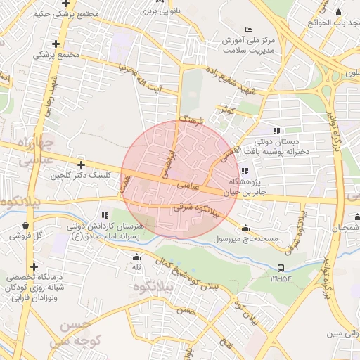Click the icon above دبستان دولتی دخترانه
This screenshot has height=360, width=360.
276,131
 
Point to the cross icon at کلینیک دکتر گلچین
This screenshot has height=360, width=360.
82,165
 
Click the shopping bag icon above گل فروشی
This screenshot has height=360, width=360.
26,226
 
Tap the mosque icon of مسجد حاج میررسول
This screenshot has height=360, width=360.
245,229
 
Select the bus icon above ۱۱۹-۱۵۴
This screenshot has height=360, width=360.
281,268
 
